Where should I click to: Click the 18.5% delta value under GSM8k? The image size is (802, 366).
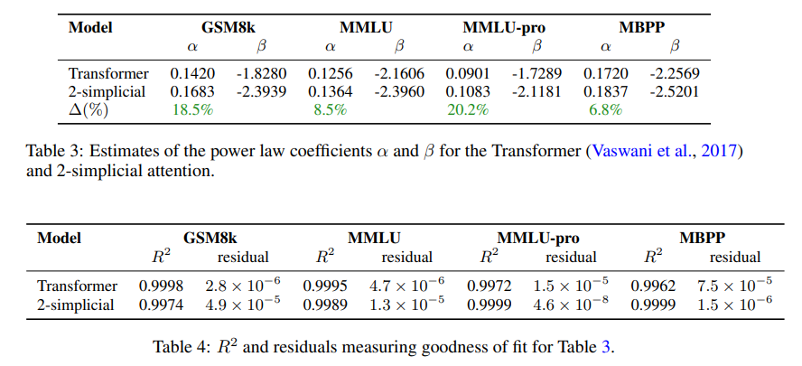192,110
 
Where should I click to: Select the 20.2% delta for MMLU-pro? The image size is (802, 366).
468,110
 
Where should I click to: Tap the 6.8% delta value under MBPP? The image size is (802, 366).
605,110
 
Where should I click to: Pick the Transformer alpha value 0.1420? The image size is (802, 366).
191,73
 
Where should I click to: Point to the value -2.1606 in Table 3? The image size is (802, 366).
398,73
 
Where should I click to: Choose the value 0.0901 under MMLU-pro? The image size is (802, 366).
467,73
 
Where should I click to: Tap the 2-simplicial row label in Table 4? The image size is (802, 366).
76,305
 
